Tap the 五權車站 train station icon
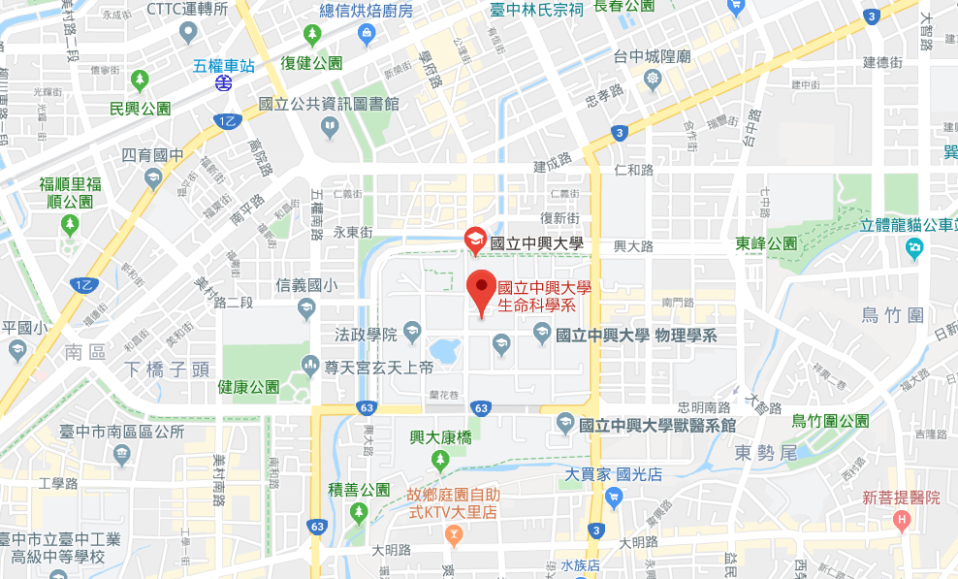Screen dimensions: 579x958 224,84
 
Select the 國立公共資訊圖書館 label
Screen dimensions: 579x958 330,105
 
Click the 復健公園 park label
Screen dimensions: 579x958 311,63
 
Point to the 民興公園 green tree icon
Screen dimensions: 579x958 141,79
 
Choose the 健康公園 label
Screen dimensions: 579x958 248,387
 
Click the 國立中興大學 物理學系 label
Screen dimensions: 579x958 636,336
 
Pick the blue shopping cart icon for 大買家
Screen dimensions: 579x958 612,498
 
